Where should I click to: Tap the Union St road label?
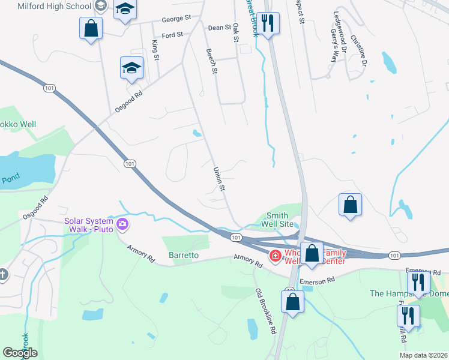(x=218, y=179)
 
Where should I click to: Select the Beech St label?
(x=211, y=62)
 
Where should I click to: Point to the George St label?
(x=175, y=19)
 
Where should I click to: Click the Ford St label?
(x=172, y=35)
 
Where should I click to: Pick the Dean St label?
(x=219, y=28)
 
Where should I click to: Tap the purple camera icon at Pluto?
(x=122, y=225)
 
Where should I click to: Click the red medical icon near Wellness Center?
(x=275, y=256)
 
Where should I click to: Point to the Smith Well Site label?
(x=277, y=220)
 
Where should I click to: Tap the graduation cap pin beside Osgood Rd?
(x=131, y=68)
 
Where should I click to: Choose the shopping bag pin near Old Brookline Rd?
(x=292, y=301)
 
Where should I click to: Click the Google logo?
(x=20, y=353)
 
